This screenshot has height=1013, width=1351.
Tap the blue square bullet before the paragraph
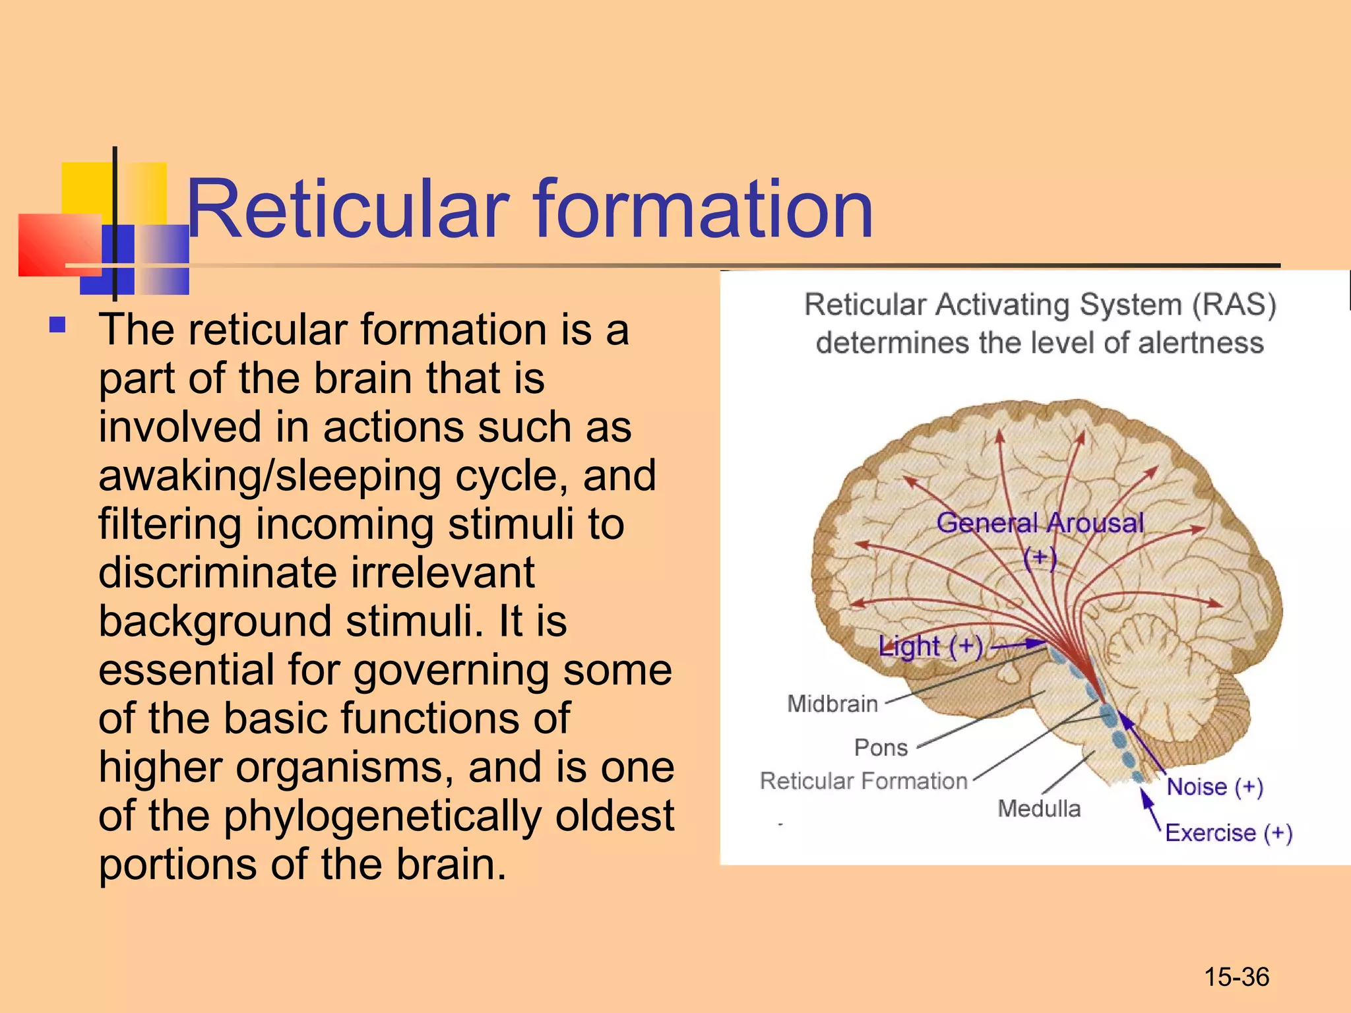(x=58, y=325)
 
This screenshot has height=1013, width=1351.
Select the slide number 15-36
(x=1236, y=977)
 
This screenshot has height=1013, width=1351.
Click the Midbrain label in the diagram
(x=833, y=704)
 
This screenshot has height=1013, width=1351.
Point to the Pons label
(x=881, y=748)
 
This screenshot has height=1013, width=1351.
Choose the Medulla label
(x=1039, y=809)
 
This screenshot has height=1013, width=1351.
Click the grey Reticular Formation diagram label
(x=863, y=781)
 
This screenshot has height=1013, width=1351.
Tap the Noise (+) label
(x=1214, y=787)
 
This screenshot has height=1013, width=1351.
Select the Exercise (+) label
(x=1228, y=833)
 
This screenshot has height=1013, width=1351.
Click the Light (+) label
(x=930, y=646)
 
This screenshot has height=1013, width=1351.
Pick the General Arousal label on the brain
(x=1040, y=523)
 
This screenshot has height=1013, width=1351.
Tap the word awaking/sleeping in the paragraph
(x=269, y=476)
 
